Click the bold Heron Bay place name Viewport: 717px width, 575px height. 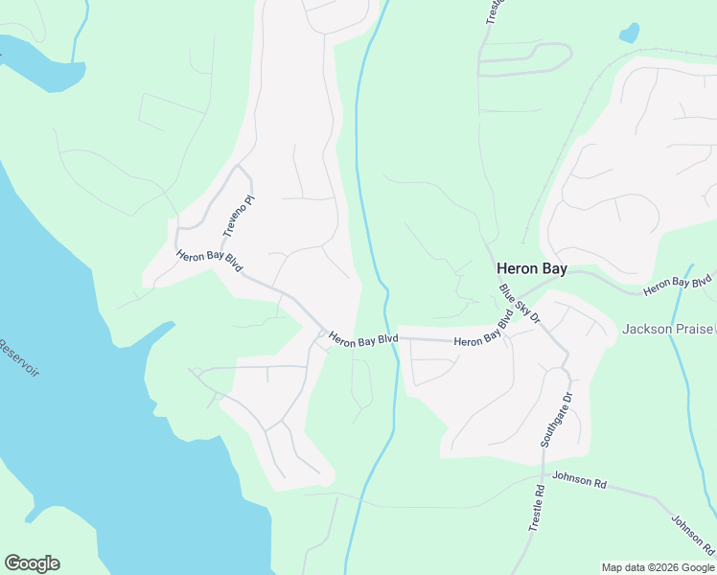[x=531, y=270]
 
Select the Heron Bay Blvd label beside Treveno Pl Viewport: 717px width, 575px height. [x=209, y=260]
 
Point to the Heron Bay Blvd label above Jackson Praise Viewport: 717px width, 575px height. [x=679, y=284]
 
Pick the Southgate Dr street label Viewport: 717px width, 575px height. [x=556, y=420]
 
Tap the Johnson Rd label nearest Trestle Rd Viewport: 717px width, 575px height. [x=580, y=480]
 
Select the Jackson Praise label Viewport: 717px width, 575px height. [x=667, y=329]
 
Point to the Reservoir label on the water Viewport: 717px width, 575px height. [x=19, y=357]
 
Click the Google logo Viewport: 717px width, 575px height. [x=32, y=563]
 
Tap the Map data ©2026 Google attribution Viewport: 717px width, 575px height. [x=658, y=567]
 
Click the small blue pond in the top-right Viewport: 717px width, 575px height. [x=629, y=34]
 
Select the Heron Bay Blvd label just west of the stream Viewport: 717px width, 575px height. [x=362, y=338]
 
